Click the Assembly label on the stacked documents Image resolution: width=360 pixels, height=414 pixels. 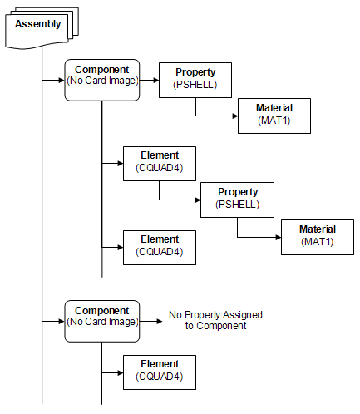point(38,24)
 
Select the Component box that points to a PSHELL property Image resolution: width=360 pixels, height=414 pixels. point(102,80)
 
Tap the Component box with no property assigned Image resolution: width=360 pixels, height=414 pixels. point(102,321)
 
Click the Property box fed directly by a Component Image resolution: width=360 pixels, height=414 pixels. point(195,80)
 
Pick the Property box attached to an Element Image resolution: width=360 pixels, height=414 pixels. point(238,200)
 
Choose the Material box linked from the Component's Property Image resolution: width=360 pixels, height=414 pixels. point(274,116)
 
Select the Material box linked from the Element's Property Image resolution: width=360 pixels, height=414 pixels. point(318,237)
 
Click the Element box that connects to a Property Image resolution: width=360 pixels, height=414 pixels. point(160,164)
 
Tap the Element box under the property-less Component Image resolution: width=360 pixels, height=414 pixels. point(160,372)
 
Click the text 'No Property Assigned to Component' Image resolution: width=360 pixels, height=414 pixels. point(215,320)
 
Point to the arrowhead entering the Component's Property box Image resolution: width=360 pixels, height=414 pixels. point(156,81)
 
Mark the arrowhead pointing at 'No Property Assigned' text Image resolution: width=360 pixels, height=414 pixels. point(160,322)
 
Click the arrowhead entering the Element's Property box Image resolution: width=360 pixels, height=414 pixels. point(198,200)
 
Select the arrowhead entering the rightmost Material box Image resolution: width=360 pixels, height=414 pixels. point(279,237)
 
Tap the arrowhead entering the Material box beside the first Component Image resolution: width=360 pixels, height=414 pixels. point(235,116)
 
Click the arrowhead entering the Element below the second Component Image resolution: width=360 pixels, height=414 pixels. point(121,372)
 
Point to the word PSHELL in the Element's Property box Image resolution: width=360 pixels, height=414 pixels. point(238,205)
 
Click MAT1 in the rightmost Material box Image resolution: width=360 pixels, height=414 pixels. point(318,242)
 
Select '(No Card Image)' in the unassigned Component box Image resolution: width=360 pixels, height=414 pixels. point(102,322)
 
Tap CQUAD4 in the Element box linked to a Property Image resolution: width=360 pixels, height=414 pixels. point(160,168)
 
